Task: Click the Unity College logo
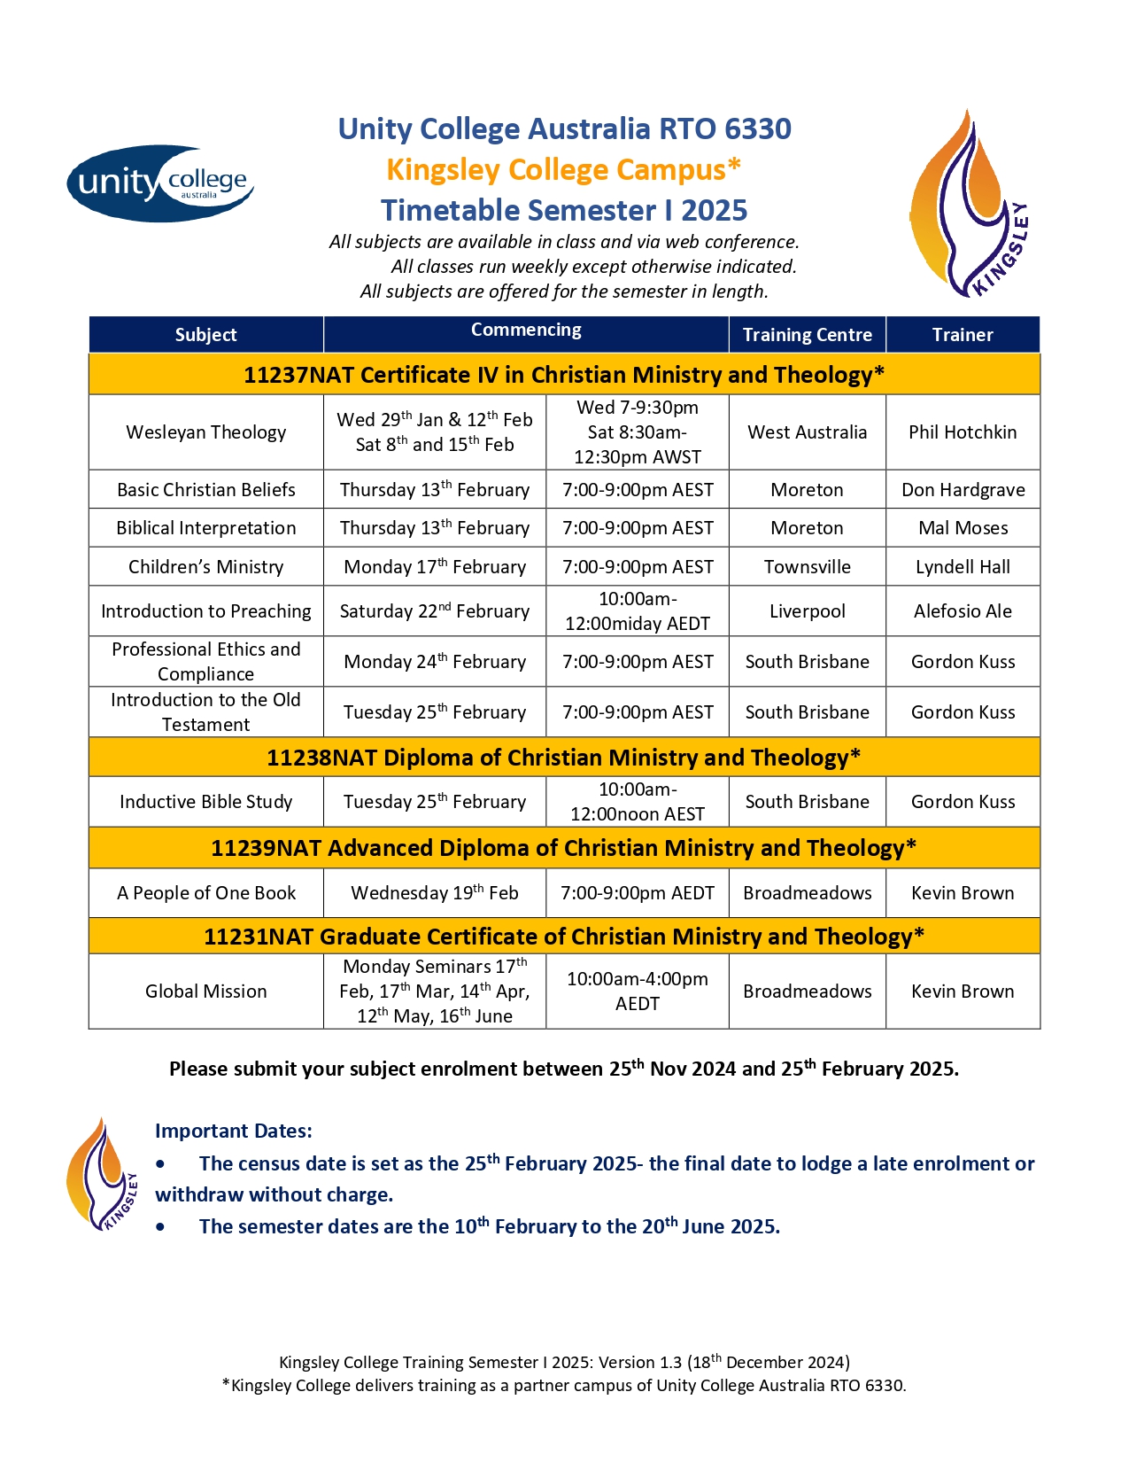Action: tap(160, 183)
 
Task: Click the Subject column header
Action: tap(205, 335)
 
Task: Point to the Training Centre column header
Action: tap(807, 335)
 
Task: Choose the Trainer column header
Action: tap(963, 335)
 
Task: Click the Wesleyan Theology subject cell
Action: tap(205, 432)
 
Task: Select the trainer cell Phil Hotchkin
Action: tap(963, 432)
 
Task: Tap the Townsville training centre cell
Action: tap(807, 567)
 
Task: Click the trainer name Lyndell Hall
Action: tap(963, 567)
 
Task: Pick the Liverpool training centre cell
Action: tap(807, 611)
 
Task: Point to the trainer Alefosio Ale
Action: tap(963, 611)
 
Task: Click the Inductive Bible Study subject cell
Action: tap(205, 802)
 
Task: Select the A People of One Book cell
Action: tap(205, 893)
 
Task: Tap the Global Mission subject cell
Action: tap(205, 992)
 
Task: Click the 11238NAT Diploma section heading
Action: tap(563, 758)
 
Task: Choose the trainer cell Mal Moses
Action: tap(963, 528)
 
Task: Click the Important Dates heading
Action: tap(233, 1131)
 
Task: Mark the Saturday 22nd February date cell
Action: tap(434, 611)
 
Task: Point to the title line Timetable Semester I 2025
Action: tap(564, 210)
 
